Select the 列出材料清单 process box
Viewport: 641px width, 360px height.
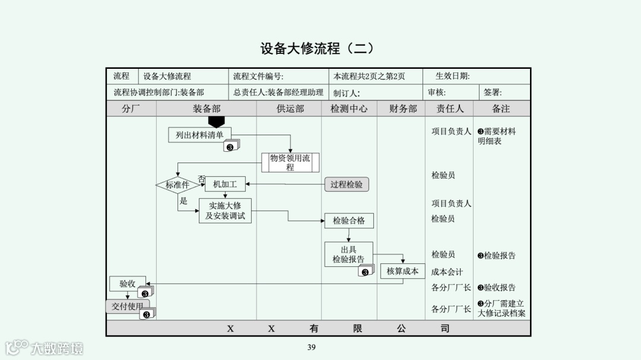(x=199, y=135)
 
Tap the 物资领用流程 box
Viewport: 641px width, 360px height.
(x=290, y=163)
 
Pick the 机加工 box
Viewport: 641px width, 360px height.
(x=225, y=184)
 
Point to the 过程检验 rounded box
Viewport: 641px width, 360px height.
(x=347, y=184)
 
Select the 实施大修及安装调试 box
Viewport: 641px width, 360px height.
(x=225, y=211)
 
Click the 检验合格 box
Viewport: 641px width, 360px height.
(x=349, y=221)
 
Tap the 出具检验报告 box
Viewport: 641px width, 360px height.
(x=349, y=254)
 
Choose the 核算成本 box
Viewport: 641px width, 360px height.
(x=402, y=271)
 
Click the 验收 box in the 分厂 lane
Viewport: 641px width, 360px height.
(x=128, y=283)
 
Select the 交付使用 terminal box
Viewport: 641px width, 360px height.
(x=128, y=307)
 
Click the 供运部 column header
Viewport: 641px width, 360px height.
(x=290, y=109)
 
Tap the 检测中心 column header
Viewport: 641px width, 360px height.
(x=349, y=109)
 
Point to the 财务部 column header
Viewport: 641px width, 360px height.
(x=404, y=109)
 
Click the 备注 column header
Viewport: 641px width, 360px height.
(x=501, y=109)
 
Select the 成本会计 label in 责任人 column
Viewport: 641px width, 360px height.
(x=447, y=272)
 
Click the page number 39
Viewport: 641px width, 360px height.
(x=312, y=348)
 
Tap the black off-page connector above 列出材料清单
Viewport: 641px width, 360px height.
(x=217, y=122)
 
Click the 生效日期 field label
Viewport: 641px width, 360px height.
(x=452, y=77)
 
